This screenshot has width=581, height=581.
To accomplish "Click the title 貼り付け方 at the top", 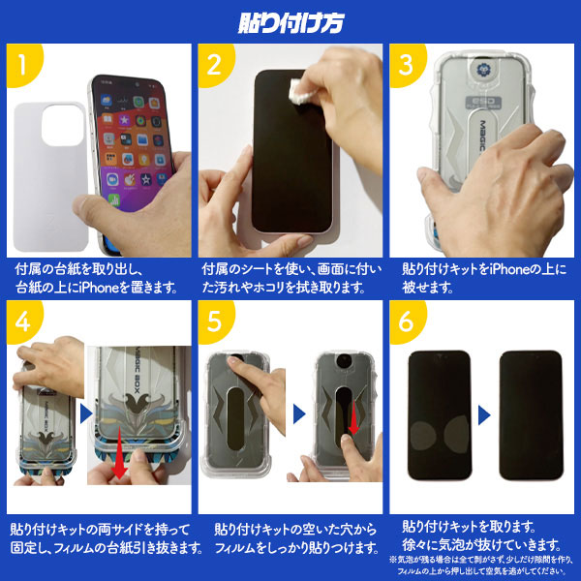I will [x=290, y=19].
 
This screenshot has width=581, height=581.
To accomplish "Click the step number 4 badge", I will [x=21, y=320].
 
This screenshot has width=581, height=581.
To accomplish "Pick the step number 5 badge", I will [x=213, y=320].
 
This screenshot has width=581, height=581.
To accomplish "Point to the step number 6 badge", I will [x=404, y=320].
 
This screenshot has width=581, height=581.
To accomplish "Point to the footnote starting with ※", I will [x=484, y=565].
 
